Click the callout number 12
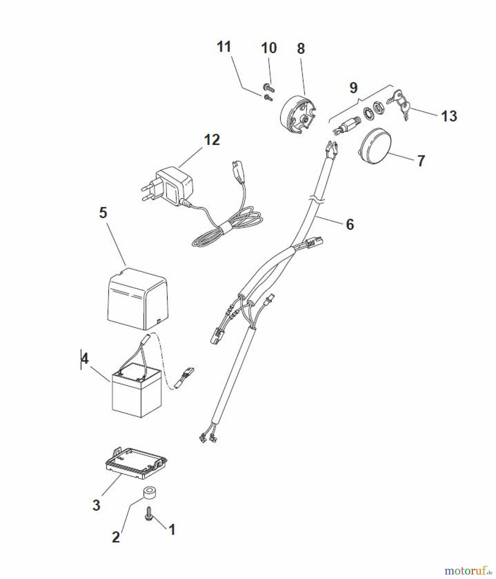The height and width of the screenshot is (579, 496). pos(212,140)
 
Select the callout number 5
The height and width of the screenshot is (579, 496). pos(103,213)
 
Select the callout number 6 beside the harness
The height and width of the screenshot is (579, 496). pos(350,224)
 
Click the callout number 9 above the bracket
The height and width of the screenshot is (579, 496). pos(354,87)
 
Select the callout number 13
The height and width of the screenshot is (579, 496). pos(449,116)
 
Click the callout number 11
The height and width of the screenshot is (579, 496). pos(224,47)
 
